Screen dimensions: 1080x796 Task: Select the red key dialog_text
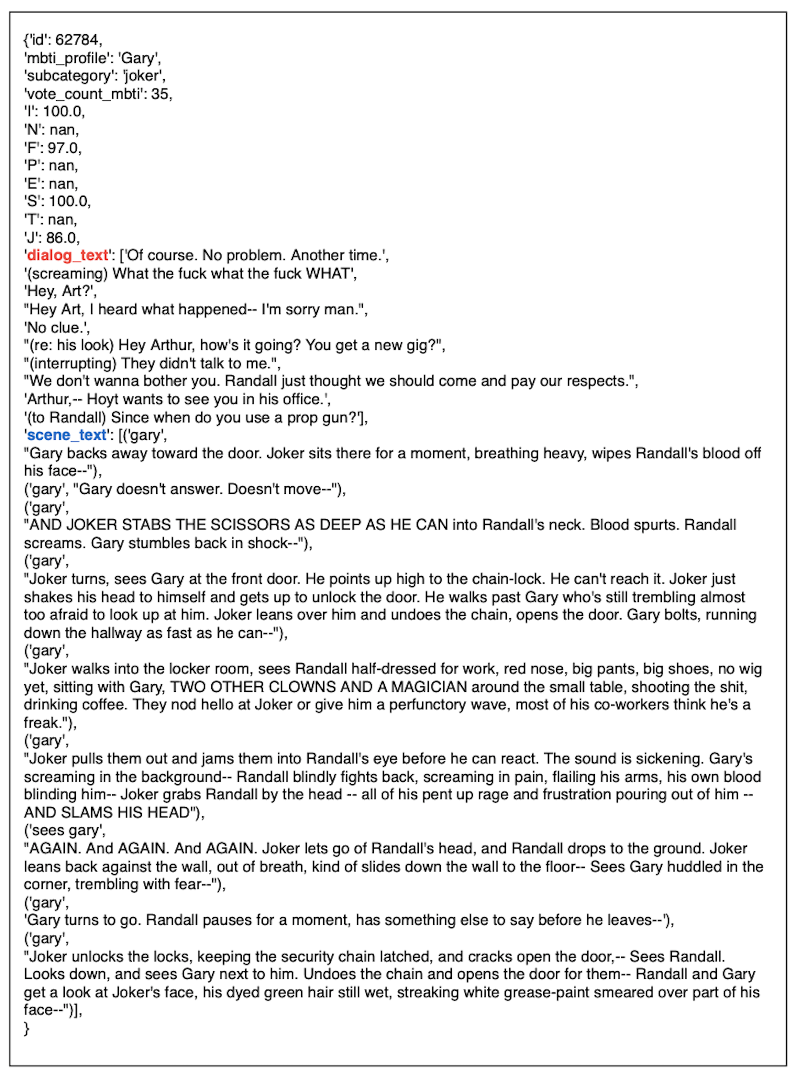(x=67, y=255)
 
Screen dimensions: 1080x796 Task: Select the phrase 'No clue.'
(x=57, y=327)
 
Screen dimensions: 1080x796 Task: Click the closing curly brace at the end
(x=26, y=1029)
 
